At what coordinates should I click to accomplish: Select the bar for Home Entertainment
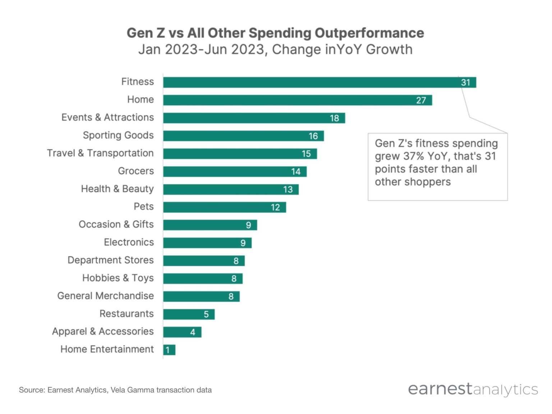pos(169,350)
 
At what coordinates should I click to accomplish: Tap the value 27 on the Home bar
pos(421,100)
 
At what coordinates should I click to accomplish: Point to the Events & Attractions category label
pos(107,118)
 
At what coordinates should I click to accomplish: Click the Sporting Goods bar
pos(243,136)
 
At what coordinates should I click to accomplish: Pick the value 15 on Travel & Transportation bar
pos(306,154)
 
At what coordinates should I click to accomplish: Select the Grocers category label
pos(135,171)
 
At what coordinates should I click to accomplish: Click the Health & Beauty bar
pos(231,189)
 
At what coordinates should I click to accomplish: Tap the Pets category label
pos(143,207)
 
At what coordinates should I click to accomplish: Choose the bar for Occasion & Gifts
pos(210,225)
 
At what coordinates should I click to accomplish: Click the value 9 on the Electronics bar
pos(243,243)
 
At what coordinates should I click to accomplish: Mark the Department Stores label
pos(110,260)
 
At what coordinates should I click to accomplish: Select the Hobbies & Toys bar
pos(203,279)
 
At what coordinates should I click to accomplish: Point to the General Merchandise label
pos(105,296)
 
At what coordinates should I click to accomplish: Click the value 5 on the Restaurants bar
pos(206,314)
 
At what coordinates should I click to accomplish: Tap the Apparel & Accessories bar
pos(182,332)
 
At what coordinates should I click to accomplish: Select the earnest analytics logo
pos(473,389)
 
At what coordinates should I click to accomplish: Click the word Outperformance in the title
pos(369,33)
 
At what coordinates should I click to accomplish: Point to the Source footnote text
pos(115,390)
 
